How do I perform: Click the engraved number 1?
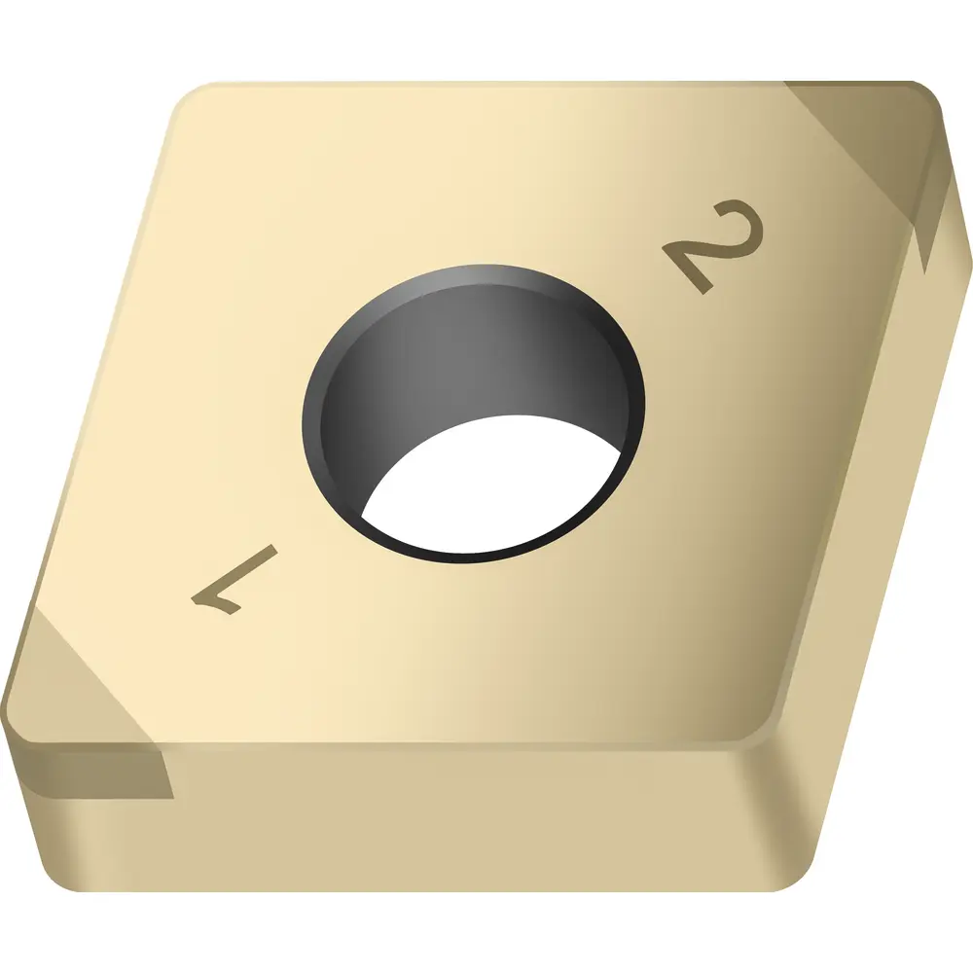[234, 580]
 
